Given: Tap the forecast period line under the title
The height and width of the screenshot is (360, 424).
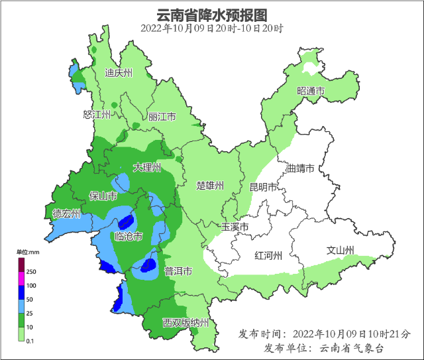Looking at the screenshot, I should [x=211, y=29].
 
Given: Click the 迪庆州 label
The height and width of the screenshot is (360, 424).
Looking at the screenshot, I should [x=119, y=74].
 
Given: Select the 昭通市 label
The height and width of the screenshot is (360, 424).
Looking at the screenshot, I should [x=311, y=91].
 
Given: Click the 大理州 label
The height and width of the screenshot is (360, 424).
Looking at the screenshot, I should [x=146, y=168].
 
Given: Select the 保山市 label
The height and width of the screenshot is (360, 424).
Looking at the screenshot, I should [x=103, y=196].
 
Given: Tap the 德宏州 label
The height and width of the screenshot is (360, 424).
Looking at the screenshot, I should [x=66, y=213].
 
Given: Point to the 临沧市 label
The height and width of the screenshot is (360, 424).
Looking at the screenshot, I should [x=129, y=237].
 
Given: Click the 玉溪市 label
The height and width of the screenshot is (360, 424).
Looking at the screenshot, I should [x=235, y=227].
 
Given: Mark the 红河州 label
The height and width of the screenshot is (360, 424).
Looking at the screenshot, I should [x=269, y=255].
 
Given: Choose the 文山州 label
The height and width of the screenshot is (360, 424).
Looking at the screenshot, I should [x=341, y=251].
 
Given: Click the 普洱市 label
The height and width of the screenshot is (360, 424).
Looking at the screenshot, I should [x=178, y=271].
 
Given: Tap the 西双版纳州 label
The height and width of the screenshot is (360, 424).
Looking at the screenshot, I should [x=186, y=323].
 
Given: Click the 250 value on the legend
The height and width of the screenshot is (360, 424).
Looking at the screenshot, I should [x=31, y=272].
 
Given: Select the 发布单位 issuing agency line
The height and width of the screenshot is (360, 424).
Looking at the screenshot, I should [x=323, y=347].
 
